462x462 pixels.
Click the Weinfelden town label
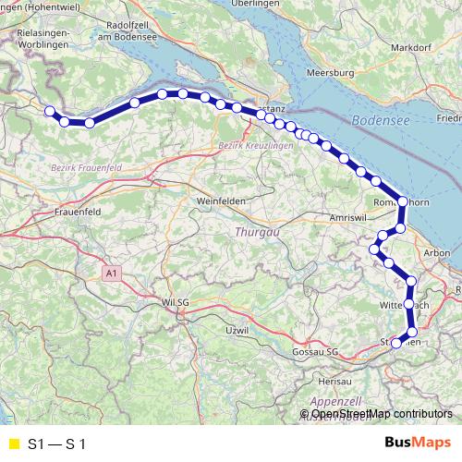[219, 201]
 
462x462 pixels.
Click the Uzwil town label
[237, 330]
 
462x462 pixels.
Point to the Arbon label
[434, 252]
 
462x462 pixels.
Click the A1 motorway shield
[112, 274]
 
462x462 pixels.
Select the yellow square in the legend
[12, 444]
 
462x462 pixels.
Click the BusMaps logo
[418, 443]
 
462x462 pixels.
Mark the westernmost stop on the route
[49, 111]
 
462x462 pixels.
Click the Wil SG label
[176, 301]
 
